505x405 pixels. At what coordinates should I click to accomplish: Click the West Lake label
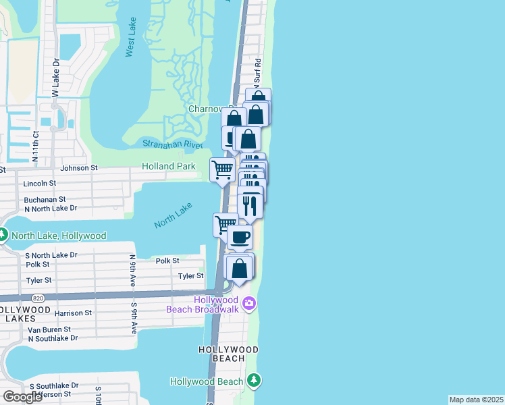[130, 45]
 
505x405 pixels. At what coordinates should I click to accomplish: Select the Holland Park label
[169, 166]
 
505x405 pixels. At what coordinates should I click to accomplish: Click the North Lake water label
[174, 214]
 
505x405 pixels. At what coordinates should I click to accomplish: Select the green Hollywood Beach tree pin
[253, 381]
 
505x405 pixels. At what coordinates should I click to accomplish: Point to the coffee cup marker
[240, 238]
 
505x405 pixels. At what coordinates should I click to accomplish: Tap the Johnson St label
[80, 168]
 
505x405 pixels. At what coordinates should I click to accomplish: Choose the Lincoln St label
[40, 183]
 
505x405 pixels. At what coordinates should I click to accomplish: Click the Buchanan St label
[45, 200]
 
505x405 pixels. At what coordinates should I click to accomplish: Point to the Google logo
[22, 397]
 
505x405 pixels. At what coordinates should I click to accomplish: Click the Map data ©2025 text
[476, 400]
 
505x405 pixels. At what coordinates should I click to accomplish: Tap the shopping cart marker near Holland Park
[222, 169]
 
